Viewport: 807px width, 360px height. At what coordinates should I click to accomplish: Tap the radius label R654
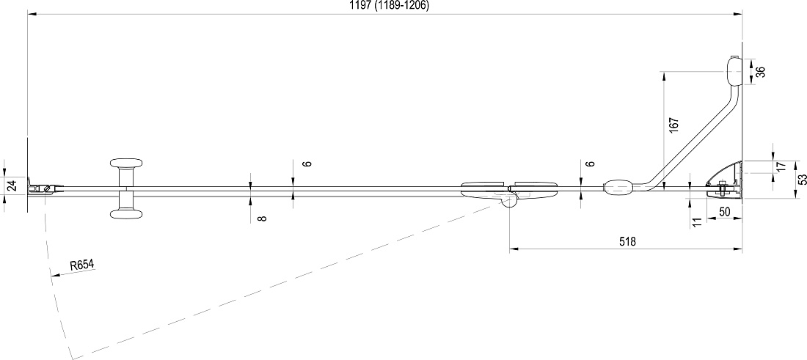tap(82, 265)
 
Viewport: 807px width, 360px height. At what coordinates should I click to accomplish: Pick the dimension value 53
tap(801, 180)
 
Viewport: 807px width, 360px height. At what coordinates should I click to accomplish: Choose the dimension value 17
tap(781, 166)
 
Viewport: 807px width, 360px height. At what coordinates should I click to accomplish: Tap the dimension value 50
tap(725, 211)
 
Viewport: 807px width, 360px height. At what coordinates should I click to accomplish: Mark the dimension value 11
tap(698, 222)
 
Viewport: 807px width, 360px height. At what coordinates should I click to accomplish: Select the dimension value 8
tap(263, 218)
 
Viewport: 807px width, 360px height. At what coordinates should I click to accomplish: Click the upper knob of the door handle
tap(126, 163)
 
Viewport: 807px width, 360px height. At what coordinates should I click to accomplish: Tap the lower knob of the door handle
tap(126, 214)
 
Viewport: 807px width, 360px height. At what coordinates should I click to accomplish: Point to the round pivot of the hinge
tap(509, 201)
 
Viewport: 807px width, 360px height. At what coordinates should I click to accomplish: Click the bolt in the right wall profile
tap(722, 189)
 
